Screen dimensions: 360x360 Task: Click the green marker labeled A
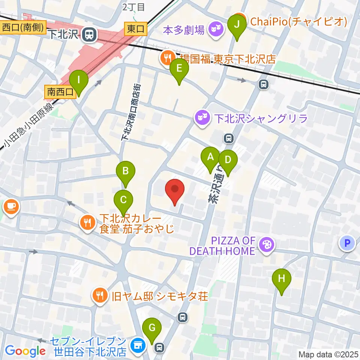211,157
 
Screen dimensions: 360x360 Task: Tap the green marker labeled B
126,171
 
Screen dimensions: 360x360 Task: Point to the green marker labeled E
179,69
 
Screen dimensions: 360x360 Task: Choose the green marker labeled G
152,328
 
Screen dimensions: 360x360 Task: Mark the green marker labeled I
78,80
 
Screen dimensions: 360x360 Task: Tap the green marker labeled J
237,24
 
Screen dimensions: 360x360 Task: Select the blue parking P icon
347,243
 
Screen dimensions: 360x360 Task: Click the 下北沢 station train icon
89,34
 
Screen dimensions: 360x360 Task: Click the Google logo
25,351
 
